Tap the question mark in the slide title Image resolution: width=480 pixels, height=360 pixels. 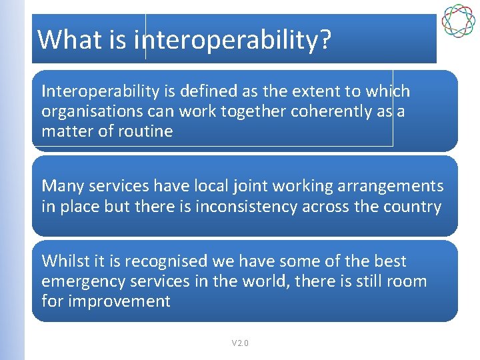pos(324,39)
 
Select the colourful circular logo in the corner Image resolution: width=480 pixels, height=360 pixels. pos(458,20)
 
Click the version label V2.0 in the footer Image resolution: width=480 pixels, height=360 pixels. pos(240,343)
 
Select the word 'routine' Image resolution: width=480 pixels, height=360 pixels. pos(147,131)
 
